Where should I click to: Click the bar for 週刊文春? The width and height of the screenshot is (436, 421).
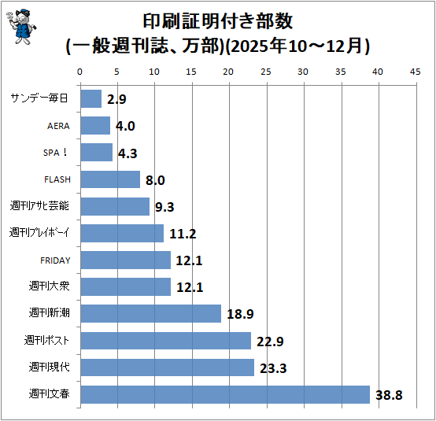(225, 394)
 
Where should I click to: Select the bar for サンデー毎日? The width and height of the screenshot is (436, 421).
(91, 98)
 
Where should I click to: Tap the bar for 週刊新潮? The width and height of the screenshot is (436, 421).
(151, 313)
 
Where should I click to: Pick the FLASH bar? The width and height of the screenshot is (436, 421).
(110, 179)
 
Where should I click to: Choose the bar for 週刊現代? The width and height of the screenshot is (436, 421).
(168, 367)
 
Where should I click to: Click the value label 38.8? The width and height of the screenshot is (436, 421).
(389, 395)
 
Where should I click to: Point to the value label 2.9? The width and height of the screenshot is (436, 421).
(116, 99)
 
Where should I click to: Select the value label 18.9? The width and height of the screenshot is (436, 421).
(240, 314)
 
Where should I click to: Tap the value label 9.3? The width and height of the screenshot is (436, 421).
(164, 207)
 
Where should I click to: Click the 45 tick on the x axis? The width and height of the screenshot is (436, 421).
(415, 72)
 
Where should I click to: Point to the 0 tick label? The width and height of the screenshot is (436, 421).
(79, 72)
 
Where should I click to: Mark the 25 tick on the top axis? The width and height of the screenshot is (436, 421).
(266, 72)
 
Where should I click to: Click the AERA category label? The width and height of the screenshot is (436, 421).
(58, 126)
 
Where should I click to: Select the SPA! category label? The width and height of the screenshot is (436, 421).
(55, 153)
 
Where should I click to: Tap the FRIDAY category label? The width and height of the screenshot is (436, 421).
(55, 260)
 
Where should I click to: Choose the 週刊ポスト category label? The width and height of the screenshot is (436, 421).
(46, 340)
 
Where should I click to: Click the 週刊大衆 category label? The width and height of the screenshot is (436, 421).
(49, 286)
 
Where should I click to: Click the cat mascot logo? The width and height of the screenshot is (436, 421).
(21, 27)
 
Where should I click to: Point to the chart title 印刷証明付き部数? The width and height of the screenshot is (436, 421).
(218, 21)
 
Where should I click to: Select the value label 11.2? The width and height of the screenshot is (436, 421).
(183, 234)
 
